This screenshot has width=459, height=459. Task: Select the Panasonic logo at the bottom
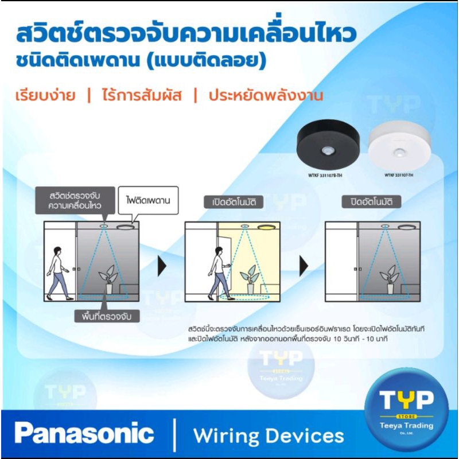pos(84,434)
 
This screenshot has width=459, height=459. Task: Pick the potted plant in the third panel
pos(391,275)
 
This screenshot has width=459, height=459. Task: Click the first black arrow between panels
pos(163,266)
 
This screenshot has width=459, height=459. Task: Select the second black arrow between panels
pos(304,266)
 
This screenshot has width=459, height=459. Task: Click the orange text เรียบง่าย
pos(45,95)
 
